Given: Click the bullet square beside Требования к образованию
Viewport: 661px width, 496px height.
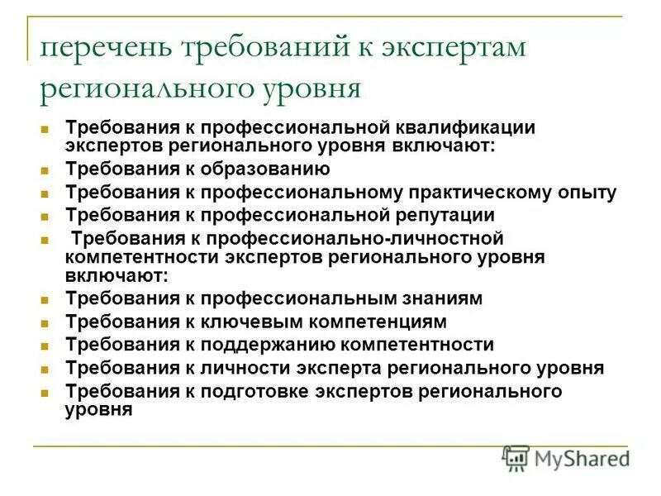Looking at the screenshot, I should (46, 171).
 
